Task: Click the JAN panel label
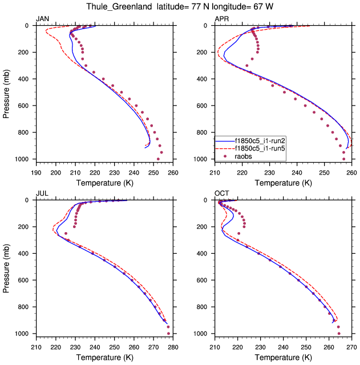[43, 19]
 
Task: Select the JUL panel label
[42, 193]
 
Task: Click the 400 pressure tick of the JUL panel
[24, 253]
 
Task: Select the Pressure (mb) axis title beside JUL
[6, 266]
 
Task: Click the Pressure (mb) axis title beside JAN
[6, 92]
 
